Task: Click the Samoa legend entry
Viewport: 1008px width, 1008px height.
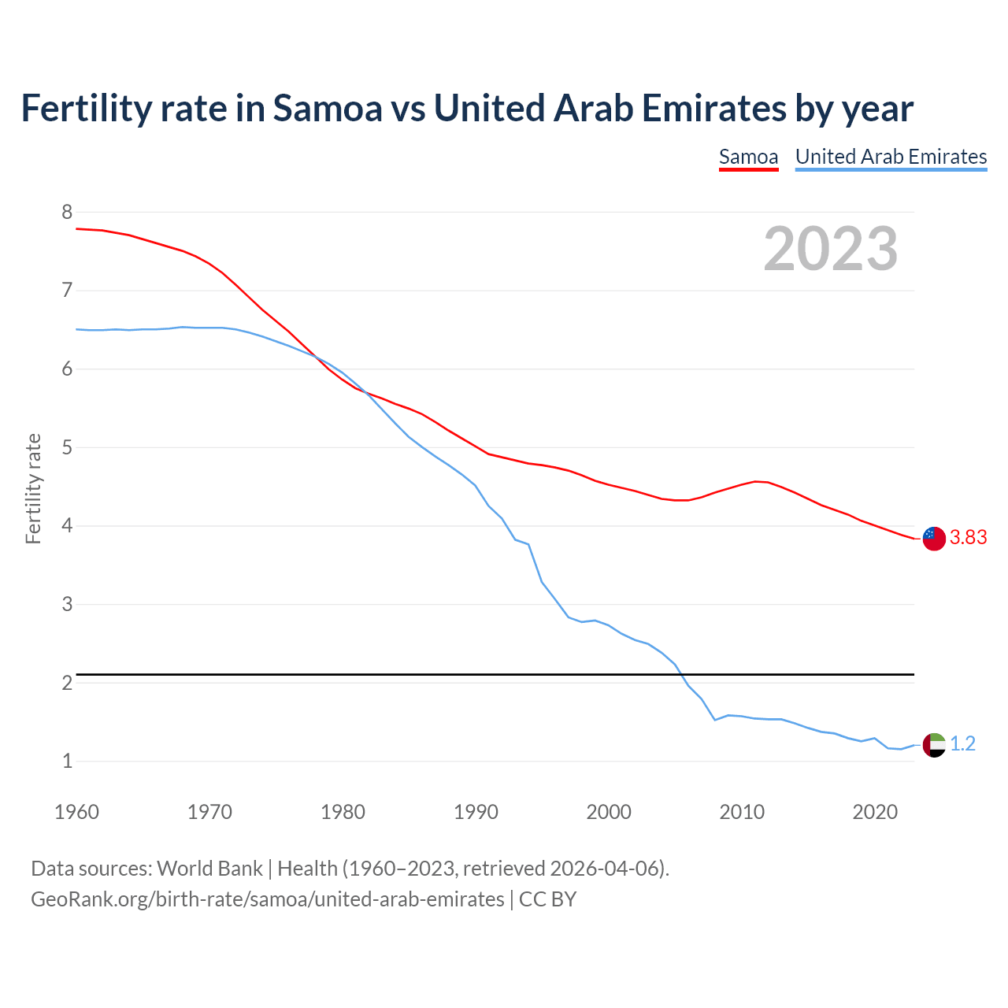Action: coord(748,157)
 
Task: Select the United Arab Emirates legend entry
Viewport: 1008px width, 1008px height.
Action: coord(891,157)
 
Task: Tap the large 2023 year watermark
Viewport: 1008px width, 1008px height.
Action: coord(831,249)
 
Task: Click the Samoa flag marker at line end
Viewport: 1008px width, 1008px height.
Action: coord(934,539)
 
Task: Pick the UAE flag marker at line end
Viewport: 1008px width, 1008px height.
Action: coord(934,744)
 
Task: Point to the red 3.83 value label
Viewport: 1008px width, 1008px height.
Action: coord(968,537)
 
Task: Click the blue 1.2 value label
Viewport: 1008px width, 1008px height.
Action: coord(962,743)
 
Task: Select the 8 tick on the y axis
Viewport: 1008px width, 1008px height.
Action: coord(67,212)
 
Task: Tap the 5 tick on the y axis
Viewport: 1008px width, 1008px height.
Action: coord(67,447)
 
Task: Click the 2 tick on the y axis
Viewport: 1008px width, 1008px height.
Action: coord(67,683)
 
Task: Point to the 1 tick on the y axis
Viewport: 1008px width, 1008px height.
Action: coord(67,761)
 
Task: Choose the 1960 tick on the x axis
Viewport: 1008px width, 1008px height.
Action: coord(76,812)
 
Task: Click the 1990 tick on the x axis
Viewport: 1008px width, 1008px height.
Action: coord(476,812)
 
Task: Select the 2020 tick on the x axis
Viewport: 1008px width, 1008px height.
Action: coord(875,812)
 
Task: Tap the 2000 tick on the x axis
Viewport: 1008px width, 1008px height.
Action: coord(609,812)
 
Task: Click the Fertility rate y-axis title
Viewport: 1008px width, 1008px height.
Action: coord(33,488)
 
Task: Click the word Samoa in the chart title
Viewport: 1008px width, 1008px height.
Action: coord(327,108)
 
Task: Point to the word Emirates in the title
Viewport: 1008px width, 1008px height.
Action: coord(712,108)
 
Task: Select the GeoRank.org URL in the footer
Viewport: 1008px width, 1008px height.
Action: coord(268,899)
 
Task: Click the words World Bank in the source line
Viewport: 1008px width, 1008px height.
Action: coord(209,868)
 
